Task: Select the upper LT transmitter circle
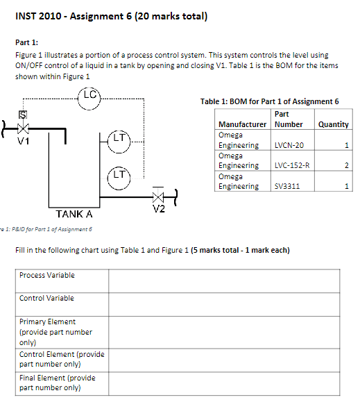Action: [x=119, y=140]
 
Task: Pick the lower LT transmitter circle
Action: [x=119, y=174]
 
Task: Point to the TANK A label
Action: [x=74, y=215]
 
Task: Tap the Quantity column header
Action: [x=333, y=124]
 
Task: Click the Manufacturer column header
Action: [x=242, y=124]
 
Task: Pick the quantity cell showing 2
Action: [x=333, y=165]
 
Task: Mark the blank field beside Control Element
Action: [x=223, y=359]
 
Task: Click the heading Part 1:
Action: [x=26, y=42]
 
